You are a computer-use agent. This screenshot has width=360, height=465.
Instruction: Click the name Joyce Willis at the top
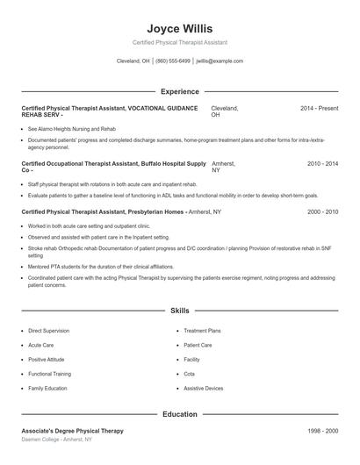(179, 28)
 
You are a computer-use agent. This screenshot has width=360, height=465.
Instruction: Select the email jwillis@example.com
(220, 61)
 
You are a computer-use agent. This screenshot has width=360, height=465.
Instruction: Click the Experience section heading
(179, 91)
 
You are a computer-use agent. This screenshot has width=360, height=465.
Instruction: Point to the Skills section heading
(179, 311)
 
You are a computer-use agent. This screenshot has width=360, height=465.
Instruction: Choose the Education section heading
(179, 414)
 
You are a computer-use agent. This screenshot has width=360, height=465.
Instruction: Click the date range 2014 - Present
(319, 108)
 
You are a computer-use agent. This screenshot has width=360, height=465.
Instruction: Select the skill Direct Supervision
(48, 331)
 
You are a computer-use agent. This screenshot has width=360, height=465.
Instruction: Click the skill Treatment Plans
(202, 331)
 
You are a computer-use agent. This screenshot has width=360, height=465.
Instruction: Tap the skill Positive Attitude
(48, 360)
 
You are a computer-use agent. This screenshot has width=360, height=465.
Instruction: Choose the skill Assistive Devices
(203, 388)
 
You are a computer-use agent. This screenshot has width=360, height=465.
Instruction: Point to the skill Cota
(190, 374)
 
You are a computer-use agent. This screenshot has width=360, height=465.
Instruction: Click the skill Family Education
(47, 388)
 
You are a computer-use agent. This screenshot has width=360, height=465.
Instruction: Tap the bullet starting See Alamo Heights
(72, 129)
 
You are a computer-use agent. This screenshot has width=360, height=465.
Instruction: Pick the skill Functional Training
(49, 374)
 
